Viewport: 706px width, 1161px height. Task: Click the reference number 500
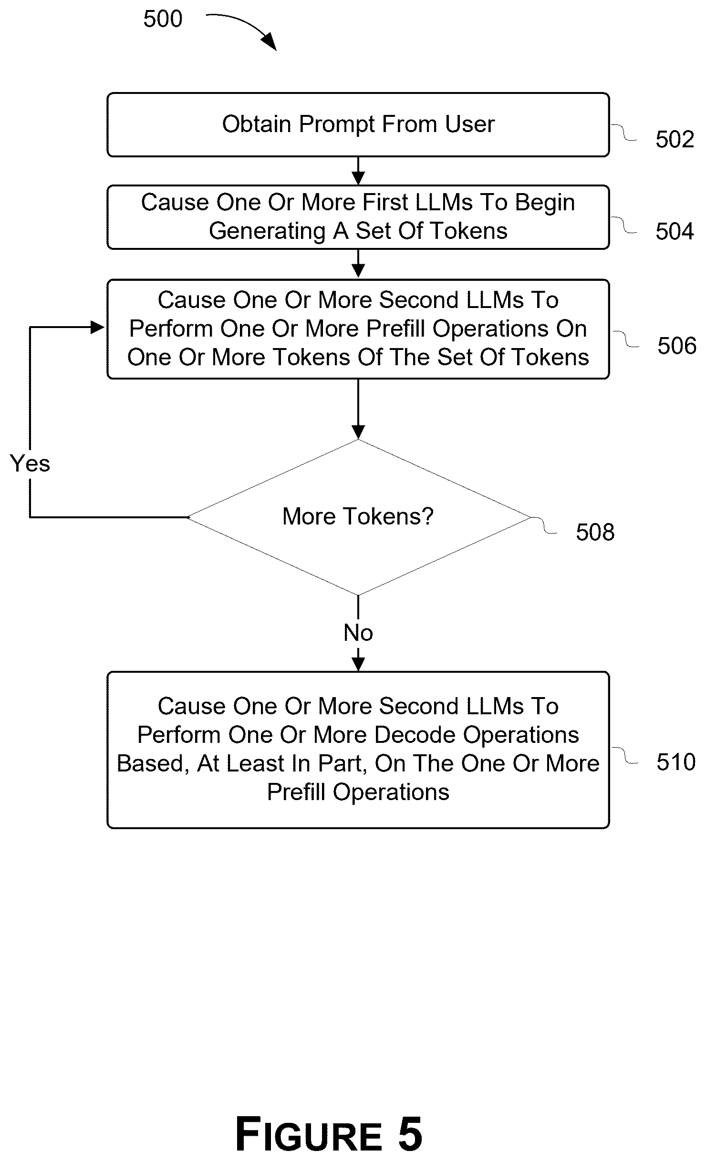pyautogui.click(x=163, y=20)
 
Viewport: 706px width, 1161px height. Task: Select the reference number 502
pyautogui.click(x=675, y=140)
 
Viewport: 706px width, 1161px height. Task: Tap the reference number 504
pyautogui.click(x=675, y=232)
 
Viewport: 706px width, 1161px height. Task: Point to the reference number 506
pyautogui.click(x=676, y=346)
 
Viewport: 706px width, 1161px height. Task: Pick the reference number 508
pyautogui.click(x=595, y=532)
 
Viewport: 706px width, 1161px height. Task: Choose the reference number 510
pyautogui.click(x=675, y=762)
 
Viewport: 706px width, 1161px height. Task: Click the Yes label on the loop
pyautogui.click(x=30, y=463)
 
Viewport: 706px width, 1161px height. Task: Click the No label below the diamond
pyautogui.click(x=358, y=633)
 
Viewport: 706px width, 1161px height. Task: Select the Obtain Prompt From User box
pyautogui.click(x=358, y=125)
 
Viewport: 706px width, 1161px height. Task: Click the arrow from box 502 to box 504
pyautogui.click(x=358, y=171)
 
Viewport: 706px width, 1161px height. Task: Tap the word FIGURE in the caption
pyautogui.click(x=309, y=1134)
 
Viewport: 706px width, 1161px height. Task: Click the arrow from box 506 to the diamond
pyautogui.click(x=358, y=409)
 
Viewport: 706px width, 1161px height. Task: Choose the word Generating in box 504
pyautogui.click(x=267, y=231)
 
